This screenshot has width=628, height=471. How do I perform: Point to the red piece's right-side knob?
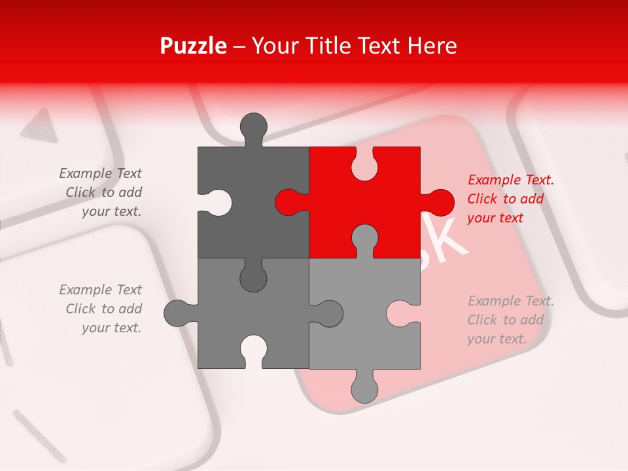(x=439, y=202)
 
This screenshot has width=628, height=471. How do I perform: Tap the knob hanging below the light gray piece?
(x=364, y=389)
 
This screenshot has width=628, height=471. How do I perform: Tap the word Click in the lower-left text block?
(x=80, y=309)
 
